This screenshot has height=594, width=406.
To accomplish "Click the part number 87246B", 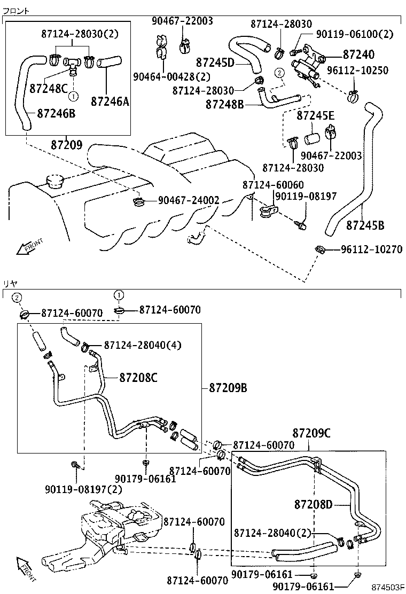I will tap(56, 113).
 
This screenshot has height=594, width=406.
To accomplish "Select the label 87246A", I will tap(110, 100).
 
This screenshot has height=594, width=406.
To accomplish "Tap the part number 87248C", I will tap(49, 88).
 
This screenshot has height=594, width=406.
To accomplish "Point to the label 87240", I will tap(358, 54).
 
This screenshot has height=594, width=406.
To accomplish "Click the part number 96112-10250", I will tap(357, 71).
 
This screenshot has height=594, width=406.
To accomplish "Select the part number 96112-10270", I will tap(371, 249).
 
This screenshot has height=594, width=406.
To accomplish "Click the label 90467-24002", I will tap(189, 200).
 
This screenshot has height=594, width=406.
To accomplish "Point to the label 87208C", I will tap(138, 378).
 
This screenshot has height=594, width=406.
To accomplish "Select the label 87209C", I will tap(311, 433).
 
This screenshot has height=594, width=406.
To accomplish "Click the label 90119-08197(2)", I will tap(83, 489).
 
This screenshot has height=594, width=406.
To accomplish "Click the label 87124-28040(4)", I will tap(142, 345).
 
